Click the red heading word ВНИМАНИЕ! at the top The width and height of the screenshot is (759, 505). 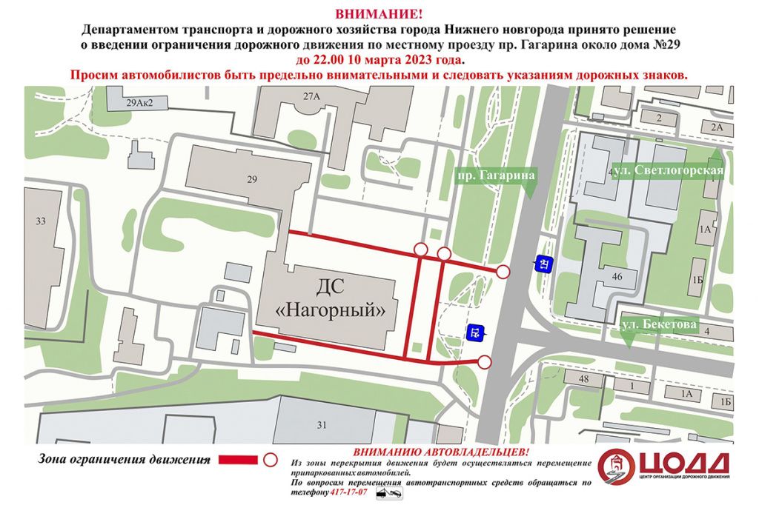click(379, 13)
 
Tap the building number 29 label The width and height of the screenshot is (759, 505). click(252, 179)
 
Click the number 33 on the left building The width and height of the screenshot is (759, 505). click(40, 221)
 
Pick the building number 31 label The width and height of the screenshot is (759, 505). click(321, 424)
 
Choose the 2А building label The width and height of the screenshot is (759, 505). click(716, 127)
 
